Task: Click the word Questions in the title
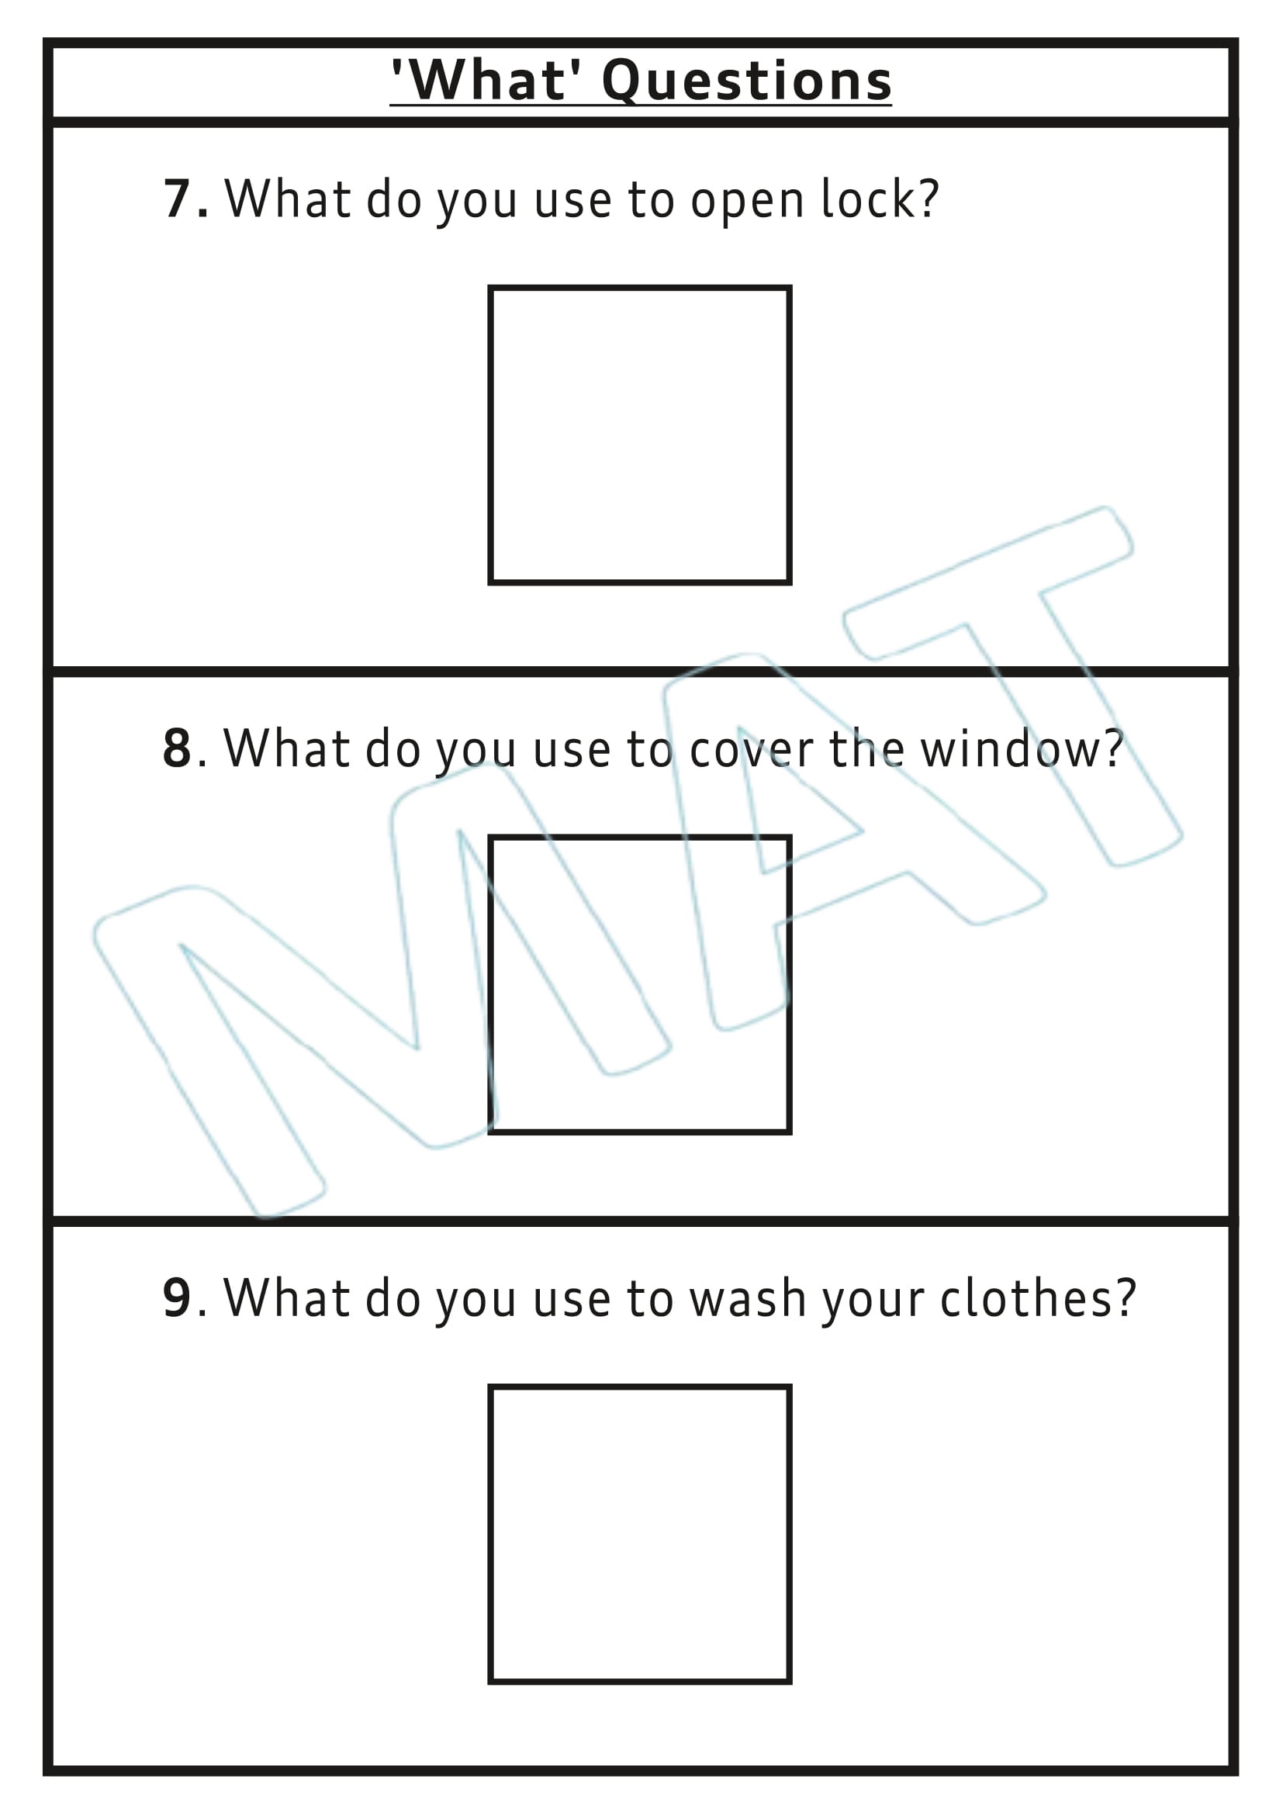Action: pos(746,81)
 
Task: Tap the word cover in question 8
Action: pos(751,750)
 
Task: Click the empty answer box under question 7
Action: pos(639,434)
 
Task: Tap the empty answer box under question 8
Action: pos(639,983)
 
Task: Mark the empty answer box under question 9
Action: pos(639,1533)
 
